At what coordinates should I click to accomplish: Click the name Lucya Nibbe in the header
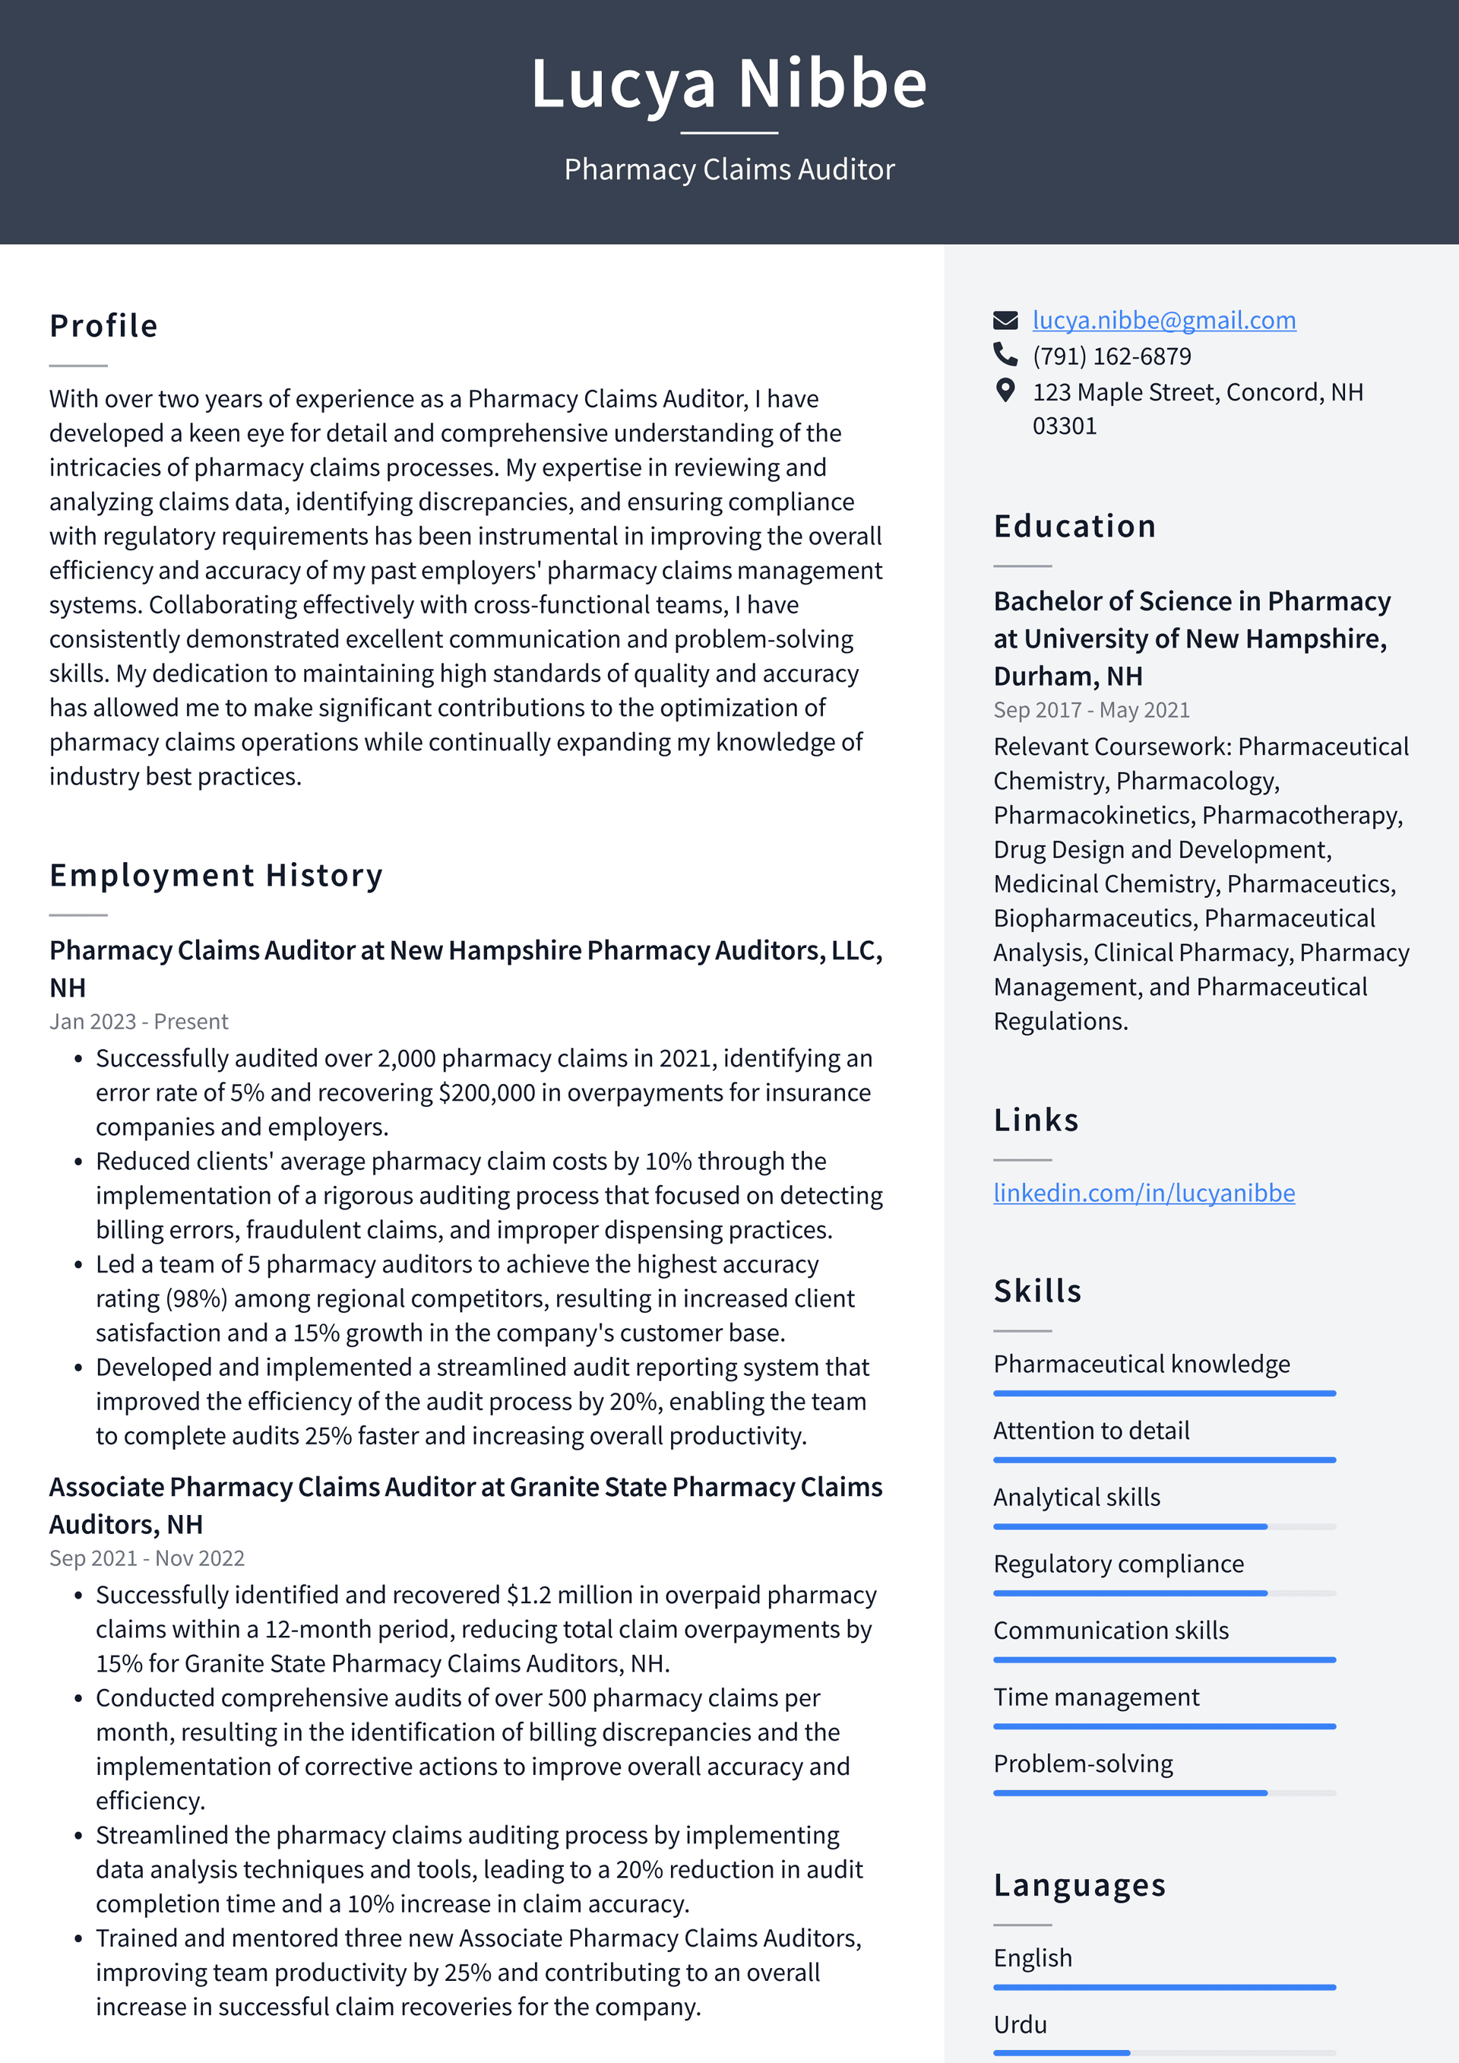click(729, 84)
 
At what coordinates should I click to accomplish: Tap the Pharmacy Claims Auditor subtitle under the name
click(729, 169)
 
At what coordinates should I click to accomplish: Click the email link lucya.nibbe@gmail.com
click(1163, 320)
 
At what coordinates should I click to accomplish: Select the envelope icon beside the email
click(1005, 320)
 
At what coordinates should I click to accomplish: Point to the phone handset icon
click(1005, 355)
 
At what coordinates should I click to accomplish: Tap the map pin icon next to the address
click(1005, 390)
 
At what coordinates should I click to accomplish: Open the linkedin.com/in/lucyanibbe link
click(1144, 1193)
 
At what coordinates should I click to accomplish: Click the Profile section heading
click(103, 325)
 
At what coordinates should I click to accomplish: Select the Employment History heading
click(216, 875)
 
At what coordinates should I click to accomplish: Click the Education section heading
click(1074, 526)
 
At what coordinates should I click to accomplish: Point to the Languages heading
click(1079, 1884)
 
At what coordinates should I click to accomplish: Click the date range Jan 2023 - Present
click(138, 1022)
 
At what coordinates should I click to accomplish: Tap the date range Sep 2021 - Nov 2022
click(147, 1558)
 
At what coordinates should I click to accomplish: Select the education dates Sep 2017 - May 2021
click(1090, 710)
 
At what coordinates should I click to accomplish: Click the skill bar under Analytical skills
click(1163, 1526)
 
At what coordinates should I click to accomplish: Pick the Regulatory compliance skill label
click(1118, 1564)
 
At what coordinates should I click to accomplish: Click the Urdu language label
click(1020, 2023)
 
